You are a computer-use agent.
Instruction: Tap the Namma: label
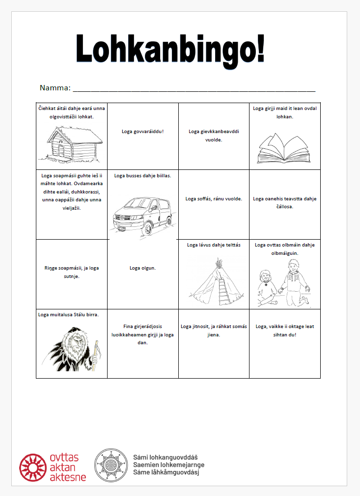coord(55,88)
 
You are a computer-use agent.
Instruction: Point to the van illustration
coord(142,210)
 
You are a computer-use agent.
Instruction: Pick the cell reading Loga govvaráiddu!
coord(142,132)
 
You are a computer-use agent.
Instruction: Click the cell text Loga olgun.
coord(142,268)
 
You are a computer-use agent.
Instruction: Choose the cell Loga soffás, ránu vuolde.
coord(214,199)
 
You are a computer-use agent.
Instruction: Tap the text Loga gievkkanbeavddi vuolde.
coord(214,135)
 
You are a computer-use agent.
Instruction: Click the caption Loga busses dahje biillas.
coord(142,175)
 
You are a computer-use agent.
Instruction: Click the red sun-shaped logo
coord(34,468)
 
